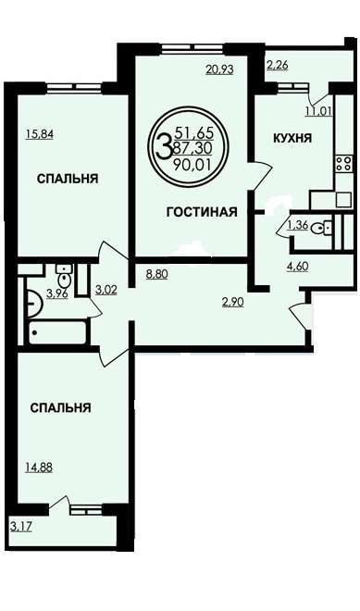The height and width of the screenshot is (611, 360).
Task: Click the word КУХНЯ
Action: (292, 138)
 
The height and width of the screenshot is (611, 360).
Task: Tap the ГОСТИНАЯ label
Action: (202, 212)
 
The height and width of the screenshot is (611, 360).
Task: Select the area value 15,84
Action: (40, 134)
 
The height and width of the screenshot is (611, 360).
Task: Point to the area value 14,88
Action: (39, 467)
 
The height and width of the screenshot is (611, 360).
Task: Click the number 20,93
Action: (219, 69)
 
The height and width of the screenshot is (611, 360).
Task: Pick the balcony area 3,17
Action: (21, 528)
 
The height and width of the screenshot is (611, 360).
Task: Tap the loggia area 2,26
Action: (277, 65)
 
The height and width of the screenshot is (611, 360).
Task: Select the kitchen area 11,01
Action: (318, 111)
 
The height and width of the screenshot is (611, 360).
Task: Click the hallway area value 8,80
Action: (156, 274)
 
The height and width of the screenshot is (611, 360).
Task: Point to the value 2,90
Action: (233, 302)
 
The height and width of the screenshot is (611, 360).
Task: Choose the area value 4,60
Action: (297, 267)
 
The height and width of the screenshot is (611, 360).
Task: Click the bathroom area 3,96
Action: (56, 293)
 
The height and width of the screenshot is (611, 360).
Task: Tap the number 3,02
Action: (106, 290)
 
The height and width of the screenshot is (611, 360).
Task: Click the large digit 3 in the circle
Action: (164, 145)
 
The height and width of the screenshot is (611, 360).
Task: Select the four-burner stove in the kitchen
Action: (344, 163)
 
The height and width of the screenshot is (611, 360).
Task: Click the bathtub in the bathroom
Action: (57, 332)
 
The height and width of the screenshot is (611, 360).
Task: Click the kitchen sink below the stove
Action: (344, 200)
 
